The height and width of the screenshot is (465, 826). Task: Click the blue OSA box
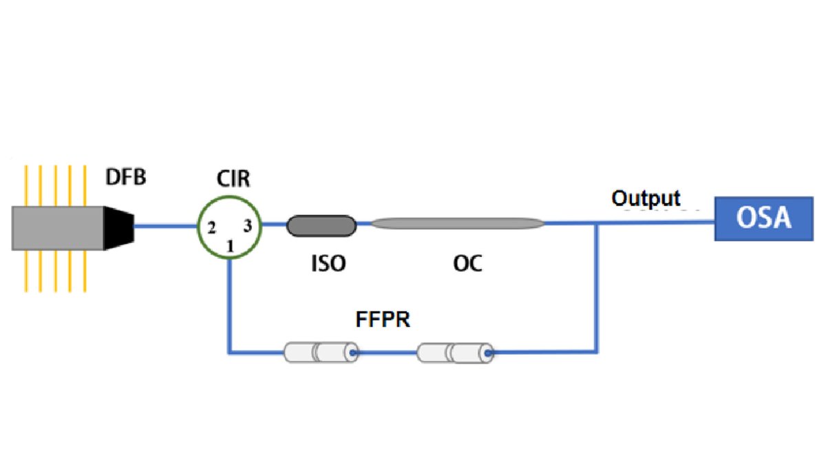tap(763, 219)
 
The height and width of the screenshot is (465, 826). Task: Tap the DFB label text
tap(126, 178)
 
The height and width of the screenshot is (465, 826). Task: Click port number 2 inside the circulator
tap(213, 226)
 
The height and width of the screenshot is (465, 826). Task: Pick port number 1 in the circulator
tap(231, 245)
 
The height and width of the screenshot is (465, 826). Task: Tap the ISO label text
tap(328, 263)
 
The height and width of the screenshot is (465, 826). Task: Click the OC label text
tap(467, 263)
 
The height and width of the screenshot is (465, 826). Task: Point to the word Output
tap(646, 198)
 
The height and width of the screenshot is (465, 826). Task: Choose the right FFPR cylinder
tap(455, 353)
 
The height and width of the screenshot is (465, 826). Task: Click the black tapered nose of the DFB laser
tap(119, 226)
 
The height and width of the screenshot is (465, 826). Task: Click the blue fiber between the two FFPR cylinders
tap(387, 353)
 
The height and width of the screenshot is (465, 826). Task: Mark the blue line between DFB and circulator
tap(165, 225)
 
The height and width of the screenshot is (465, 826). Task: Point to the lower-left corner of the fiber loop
tap(229, 353)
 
